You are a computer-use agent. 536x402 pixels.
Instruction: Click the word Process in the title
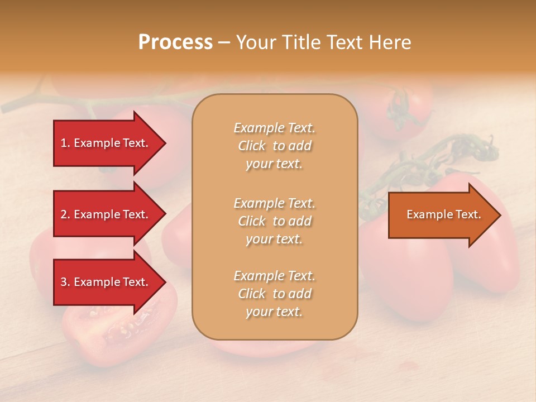[x=175, y=42]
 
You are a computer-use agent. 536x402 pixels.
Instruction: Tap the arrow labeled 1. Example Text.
[x=106, y=143]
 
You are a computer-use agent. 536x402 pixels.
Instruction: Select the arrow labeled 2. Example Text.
[x=106, y=214]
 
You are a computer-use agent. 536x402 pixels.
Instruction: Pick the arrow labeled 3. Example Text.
[x=106, y=282]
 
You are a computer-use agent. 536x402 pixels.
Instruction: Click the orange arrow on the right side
[x=441, y=214]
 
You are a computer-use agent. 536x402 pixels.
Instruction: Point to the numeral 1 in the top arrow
[x=64, y=143]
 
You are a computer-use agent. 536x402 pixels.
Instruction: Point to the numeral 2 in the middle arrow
[x=64, y=214]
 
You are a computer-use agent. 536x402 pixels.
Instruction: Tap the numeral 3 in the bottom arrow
[x=64, y=282]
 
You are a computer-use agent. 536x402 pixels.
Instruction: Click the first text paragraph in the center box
[x=274, y=146]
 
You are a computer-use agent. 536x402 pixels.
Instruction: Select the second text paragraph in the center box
[x=274, y=221]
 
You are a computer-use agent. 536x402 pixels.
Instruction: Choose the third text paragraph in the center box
[x=274, y=294]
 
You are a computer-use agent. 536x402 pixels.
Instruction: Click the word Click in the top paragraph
[x=251, y=146]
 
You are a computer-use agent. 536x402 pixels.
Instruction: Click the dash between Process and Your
[x=224, y=43]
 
